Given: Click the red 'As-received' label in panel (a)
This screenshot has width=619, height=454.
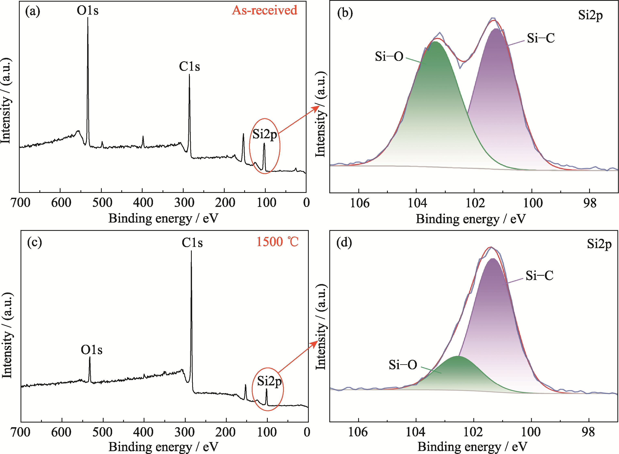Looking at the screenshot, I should [264, 10].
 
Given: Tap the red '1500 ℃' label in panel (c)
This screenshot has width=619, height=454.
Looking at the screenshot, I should [277, 242].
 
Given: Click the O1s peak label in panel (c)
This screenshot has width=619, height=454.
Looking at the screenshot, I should [92, 350].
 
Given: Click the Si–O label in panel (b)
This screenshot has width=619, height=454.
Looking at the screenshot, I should [389, 57].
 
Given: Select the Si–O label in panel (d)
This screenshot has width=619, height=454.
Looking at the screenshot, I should [403, 365].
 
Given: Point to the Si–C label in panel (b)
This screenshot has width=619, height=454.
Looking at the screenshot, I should [541, 38].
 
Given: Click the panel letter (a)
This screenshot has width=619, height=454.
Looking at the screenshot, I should [33, 12].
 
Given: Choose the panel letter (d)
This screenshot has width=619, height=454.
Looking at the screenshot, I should [344, 243].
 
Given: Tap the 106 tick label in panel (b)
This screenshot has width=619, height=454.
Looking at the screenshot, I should [359, 203].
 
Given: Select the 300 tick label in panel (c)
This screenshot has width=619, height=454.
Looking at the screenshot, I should [184, 432].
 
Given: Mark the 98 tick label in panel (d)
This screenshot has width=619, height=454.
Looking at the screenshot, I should [588, 432].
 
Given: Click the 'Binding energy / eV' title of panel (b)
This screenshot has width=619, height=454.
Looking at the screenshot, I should [470, 219].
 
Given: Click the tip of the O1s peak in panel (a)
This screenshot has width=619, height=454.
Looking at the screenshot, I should [88, 18].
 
